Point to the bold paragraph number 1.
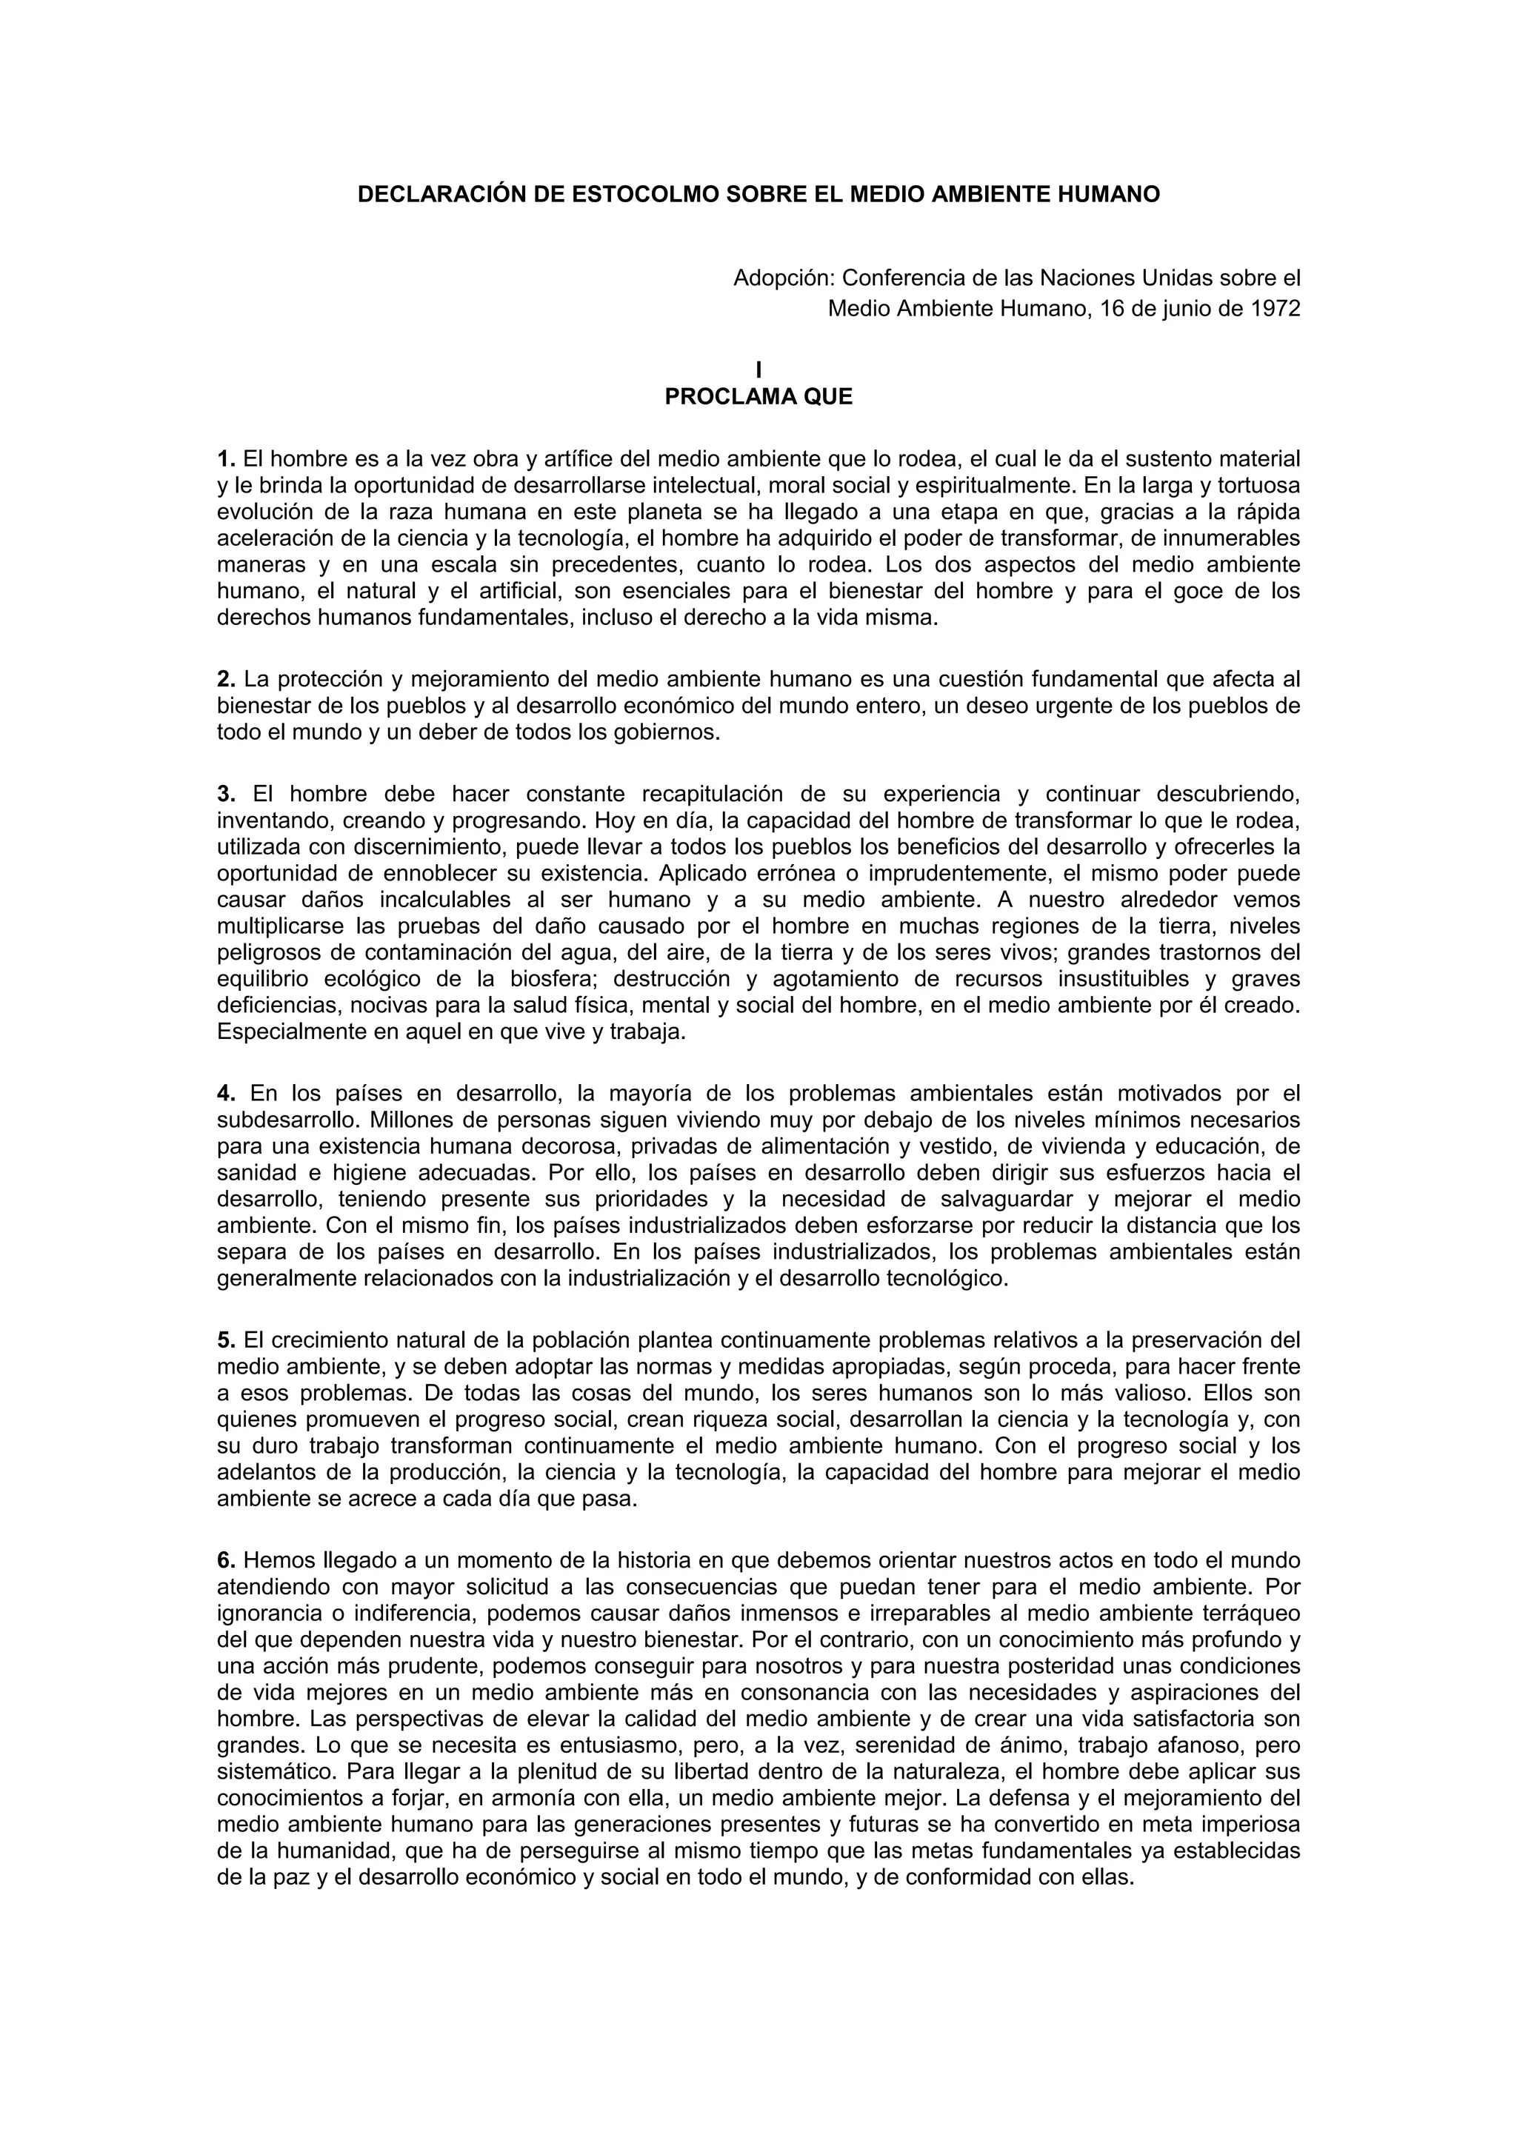pos(225,459)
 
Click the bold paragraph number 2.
pos(225,678)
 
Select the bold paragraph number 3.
pos(225,795)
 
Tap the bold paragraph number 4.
pos(225,1094)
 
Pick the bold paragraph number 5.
pos(225,1340)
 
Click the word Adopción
pos(783,278)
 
